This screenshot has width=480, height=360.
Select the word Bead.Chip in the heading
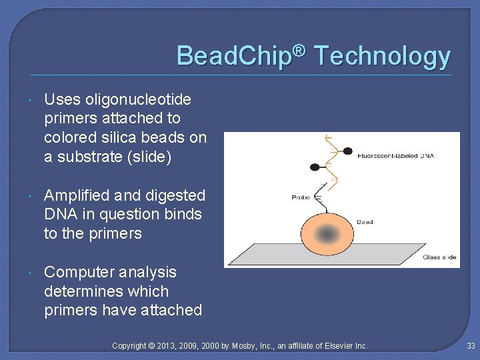(x=234, y=56)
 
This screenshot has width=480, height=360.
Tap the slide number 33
(x=471, y=345)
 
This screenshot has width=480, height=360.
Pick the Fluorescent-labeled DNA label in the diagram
(x=395, y=155)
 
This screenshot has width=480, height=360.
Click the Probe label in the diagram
(x=301, y=197)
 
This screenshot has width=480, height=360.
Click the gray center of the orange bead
(x=327, y=234)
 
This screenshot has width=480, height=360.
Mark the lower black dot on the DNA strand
(x=315, y=167)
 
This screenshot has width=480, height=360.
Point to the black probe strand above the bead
(x=323, y=197)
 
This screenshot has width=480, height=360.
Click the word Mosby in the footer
(x=247, y=345)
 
